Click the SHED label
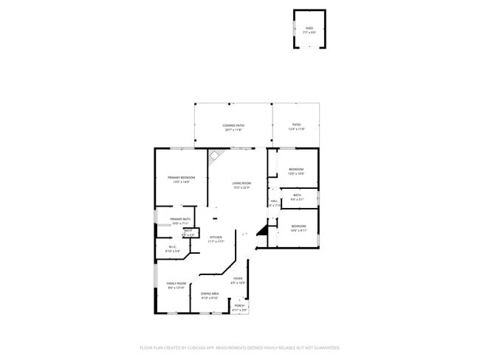coord(309,29)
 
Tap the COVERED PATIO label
coord(233,125)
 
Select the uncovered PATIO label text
coord(296,125)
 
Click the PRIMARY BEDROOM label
coord(181,178)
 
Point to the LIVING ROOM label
coord(241,183)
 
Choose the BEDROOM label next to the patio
coord(295,170)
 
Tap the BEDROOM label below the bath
coord(298,226)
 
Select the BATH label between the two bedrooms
coord(297,195)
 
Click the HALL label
coord(274,201)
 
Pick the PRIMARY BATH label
coord(181,219)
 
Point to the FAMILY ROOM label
coord(176,284)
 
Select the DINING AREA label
coord(210,294)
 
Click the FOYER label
coord(238,278)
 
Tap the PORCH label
coord(239,305)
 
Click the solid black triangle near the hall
coord(261,231)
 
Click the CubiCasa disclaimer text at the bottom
coord(239,347)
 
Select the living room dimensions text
coord(241,187)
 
